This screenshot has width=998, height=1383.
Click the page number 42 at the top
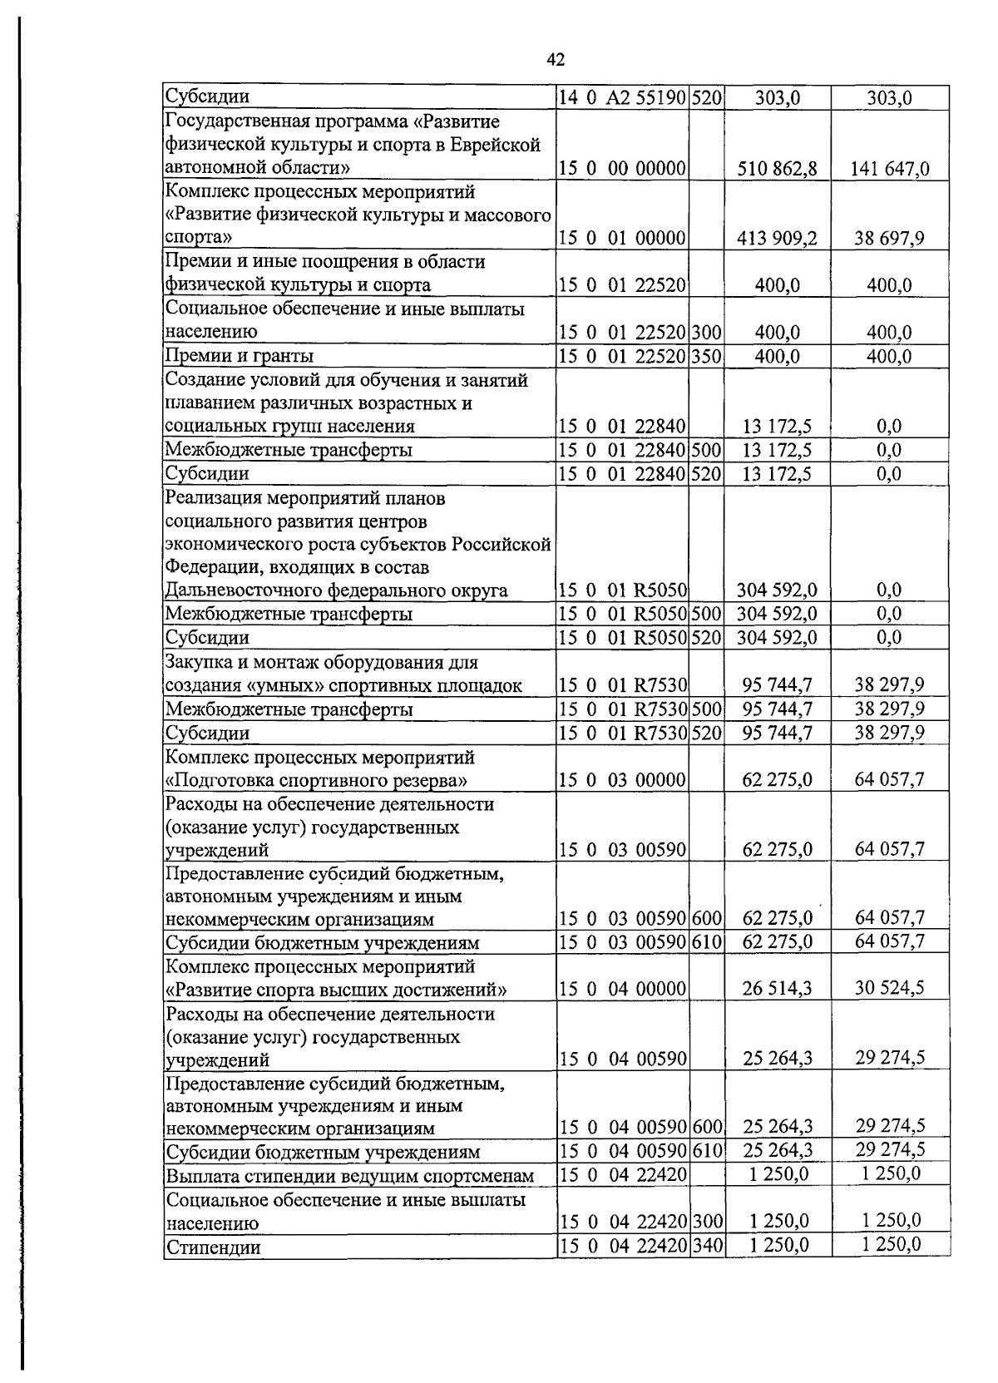556,59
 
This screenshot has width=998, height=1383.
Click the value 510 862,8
777,169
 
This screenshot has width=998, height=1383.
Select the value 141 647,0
889,169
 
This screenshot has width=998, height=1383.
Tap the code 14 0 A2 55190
621,97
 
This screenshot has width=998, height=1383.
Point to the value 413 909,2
777,239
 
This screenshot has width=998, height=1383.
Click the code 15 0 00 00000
621,169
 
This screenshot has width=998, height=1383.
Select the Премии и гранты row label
240,356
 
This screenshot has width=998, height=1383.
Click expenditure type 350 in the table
706,356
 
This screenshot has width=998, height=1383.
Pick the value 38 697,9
889,239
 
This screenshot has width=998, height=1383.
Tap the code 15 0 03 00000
621,780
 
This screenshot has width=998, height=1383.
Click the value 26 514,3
777,989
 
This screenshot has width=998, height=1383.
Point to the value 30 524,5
889,989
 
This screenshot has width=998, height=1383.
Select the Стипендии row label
213,1247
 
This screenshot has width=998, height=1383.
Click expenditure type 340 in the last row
707,1246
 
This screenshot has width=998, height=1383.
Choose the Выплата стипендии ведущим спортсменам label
349,1176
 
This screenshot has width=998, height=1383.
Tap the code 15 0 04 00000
621,989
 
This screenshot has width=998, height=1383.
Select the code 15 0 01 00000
621,239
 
